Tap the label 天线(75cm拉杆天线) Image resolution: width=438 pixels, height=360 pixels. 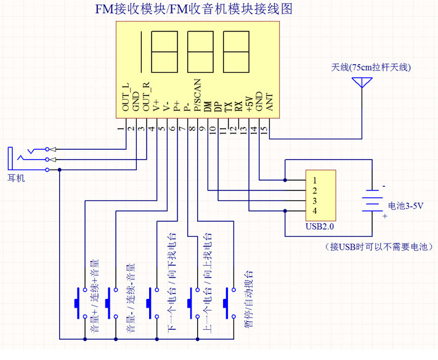tap(370, 67)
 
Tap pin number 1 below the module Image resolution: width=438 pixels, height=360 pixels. tap(121, 129)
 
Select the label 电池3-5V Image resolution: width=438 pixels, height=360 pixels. tap(405, 206)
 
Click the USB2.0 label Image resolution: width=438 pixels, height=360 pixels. tap(320, 226)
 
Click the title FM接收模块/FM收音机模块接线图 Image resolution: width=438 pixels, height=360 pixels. tap(193, 10)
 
